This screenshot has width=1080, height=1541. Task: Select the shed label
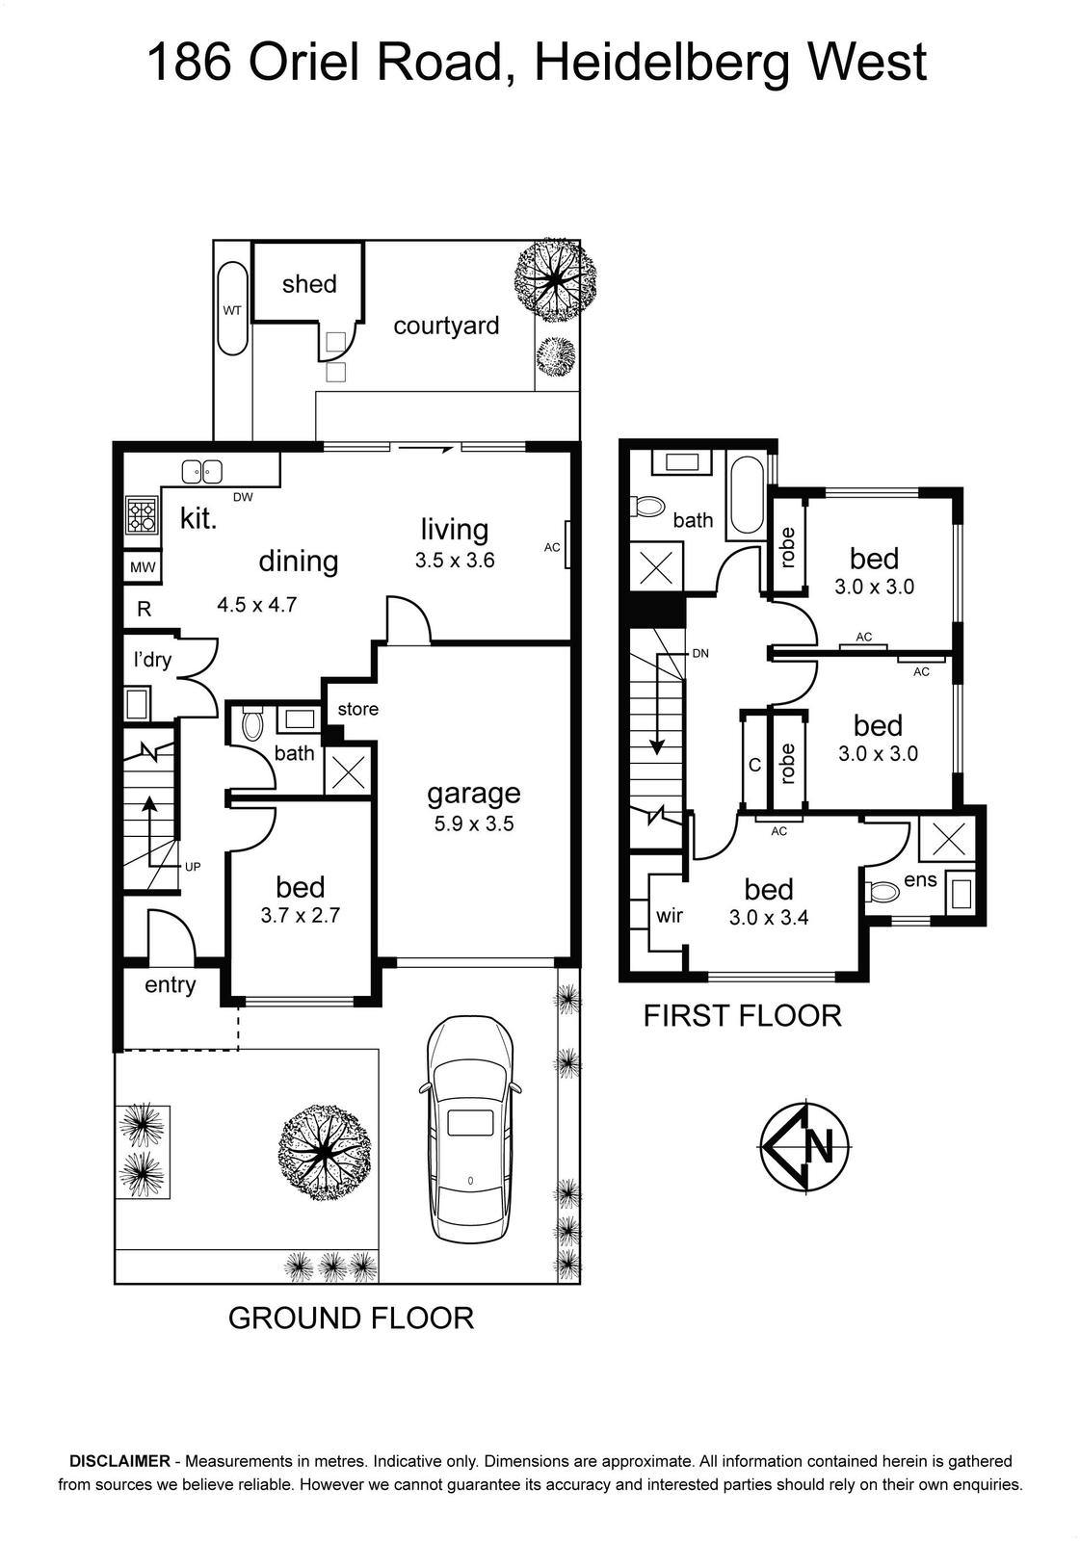[309, 283]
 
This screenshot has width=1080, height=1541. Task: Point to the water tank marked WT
[232, 308]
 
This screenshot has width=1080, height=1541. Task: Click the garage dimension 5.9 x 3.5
[474, 823]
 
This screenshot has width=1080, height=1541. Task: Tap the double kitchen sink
[201, 472]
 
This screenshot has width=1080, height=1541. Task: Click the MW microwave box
[144, 568]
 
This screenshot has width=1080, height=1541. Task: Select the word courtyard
[446, 326]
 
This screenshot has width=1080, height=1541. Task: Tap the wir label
[669, 915]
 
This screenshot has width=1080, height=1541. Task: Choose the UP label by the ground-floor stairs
[193, 867]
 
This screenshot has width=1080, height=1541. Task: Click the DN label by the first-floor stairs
[700, 654]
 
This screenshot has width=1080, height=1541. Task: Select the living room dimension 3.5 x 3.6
[455, 560]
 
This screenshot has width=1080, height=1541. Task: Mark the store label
[358, 709]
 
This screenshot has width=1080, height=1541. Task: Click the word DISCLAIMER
[119, 1461]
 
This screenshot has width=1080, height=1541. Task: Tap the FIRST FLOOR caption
[742, 1016]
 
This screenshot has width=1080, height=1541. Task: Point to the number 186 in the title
[189, 63]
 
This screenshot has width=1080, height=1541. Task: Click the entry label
[170, 985]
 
